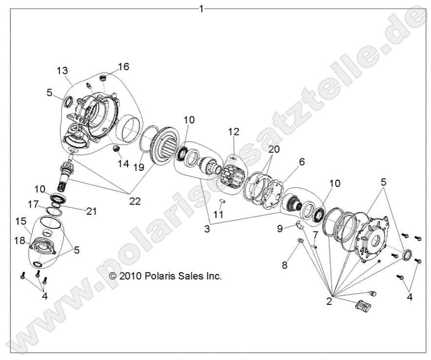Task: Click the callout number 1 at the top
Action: point(202,9)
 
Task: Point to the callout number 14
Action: point(123,164)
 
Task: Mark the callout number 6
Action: point(302,162)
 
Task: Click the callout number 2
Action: point(329,302)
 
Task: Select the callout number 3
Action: point(207,228)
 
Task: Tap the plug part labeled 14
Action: point(116,149)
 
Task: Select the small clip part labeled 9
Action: point(300,224)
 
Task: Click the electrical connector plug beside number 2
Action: point(363,305)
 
